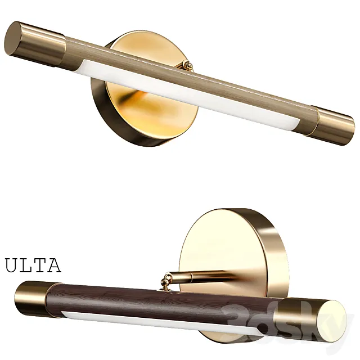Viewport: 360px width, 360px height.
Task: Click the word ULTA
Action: (x=33, y=265)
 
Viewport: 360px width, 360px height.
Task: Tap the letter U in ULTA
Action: (x=12, y=265)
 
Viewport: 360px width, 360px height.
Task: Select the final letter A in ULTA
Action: (x=53, y=265)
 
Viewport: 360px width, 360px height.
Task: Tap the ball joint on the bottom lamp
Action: (x=167, y=279)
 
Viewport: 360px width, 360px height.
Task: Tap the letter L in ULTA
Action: (x=25, y=265)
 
